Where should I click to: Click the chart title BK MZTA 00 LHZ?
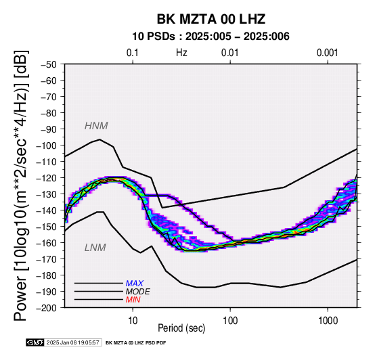[211, 19]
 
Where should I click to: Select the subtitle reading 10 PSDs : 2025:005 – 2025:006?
[211, 37]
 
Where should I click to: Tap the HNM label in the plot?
[96, 126]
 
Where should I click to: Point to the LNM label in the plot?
[95, 248]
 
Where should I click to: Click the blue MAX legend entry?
[135, 284]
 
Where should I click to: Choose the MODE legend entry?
[138, 292]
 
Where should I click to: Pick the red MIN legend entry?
[133, 300]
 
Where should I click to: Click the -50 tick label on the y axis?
[48, 64]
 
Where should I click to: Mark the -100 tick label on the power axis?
[46, 145]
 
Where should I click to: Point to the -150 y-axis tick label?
[46, 227]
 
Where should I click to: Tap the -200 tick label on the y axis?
[46, 308]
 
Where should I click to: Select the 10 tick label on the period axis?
[133, 321]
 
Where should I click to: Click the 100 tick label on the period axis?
[230, 321]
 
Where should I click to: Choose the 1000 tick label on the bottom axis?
[328, 321]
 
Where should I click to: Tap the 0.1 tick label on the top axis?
[133, 53]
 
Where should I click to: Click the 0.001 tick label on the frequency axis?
[328, 53]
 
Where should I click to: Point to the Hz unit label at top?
[181, 53]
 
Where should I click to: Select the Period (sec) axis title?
[181, 328]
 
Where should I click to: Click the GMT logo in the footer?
[35, 342]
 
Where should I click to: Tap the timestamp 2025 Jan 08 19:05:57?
[72, 342]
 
